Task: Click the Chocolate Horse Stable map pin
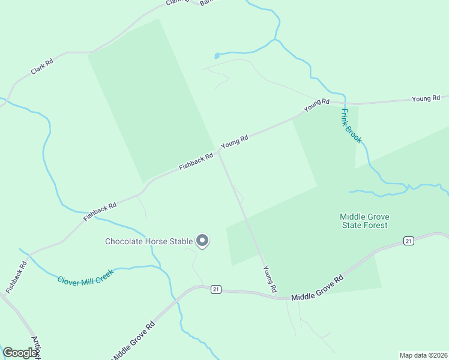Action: (x=202, y=241)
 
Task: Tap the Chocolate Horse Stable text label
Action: (x=149, y=242)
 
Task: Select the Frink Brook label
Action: (x=351, y=125)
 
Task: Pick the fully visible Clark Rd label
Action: (x=42, y=67)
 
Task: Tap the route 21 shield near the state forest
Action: (x=409, y=241)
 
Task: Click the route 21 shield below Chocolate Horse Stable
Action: (x=216, y=289)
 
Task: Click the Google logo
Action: (x=20, y=353)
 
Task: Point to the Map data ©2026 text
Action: (x=423, y=355)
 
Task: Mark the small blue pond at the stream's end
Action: (x=217, y=56)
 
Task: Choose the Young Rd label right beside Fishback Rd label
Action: (x=235, y=142)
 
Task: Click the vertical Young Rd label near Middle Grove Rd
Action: (x=270, y=280)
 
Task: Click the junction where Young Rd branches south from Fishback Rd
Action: (x=219, y=152)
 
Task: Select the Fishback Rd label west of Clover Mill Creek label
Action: (x=16, y=277)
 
